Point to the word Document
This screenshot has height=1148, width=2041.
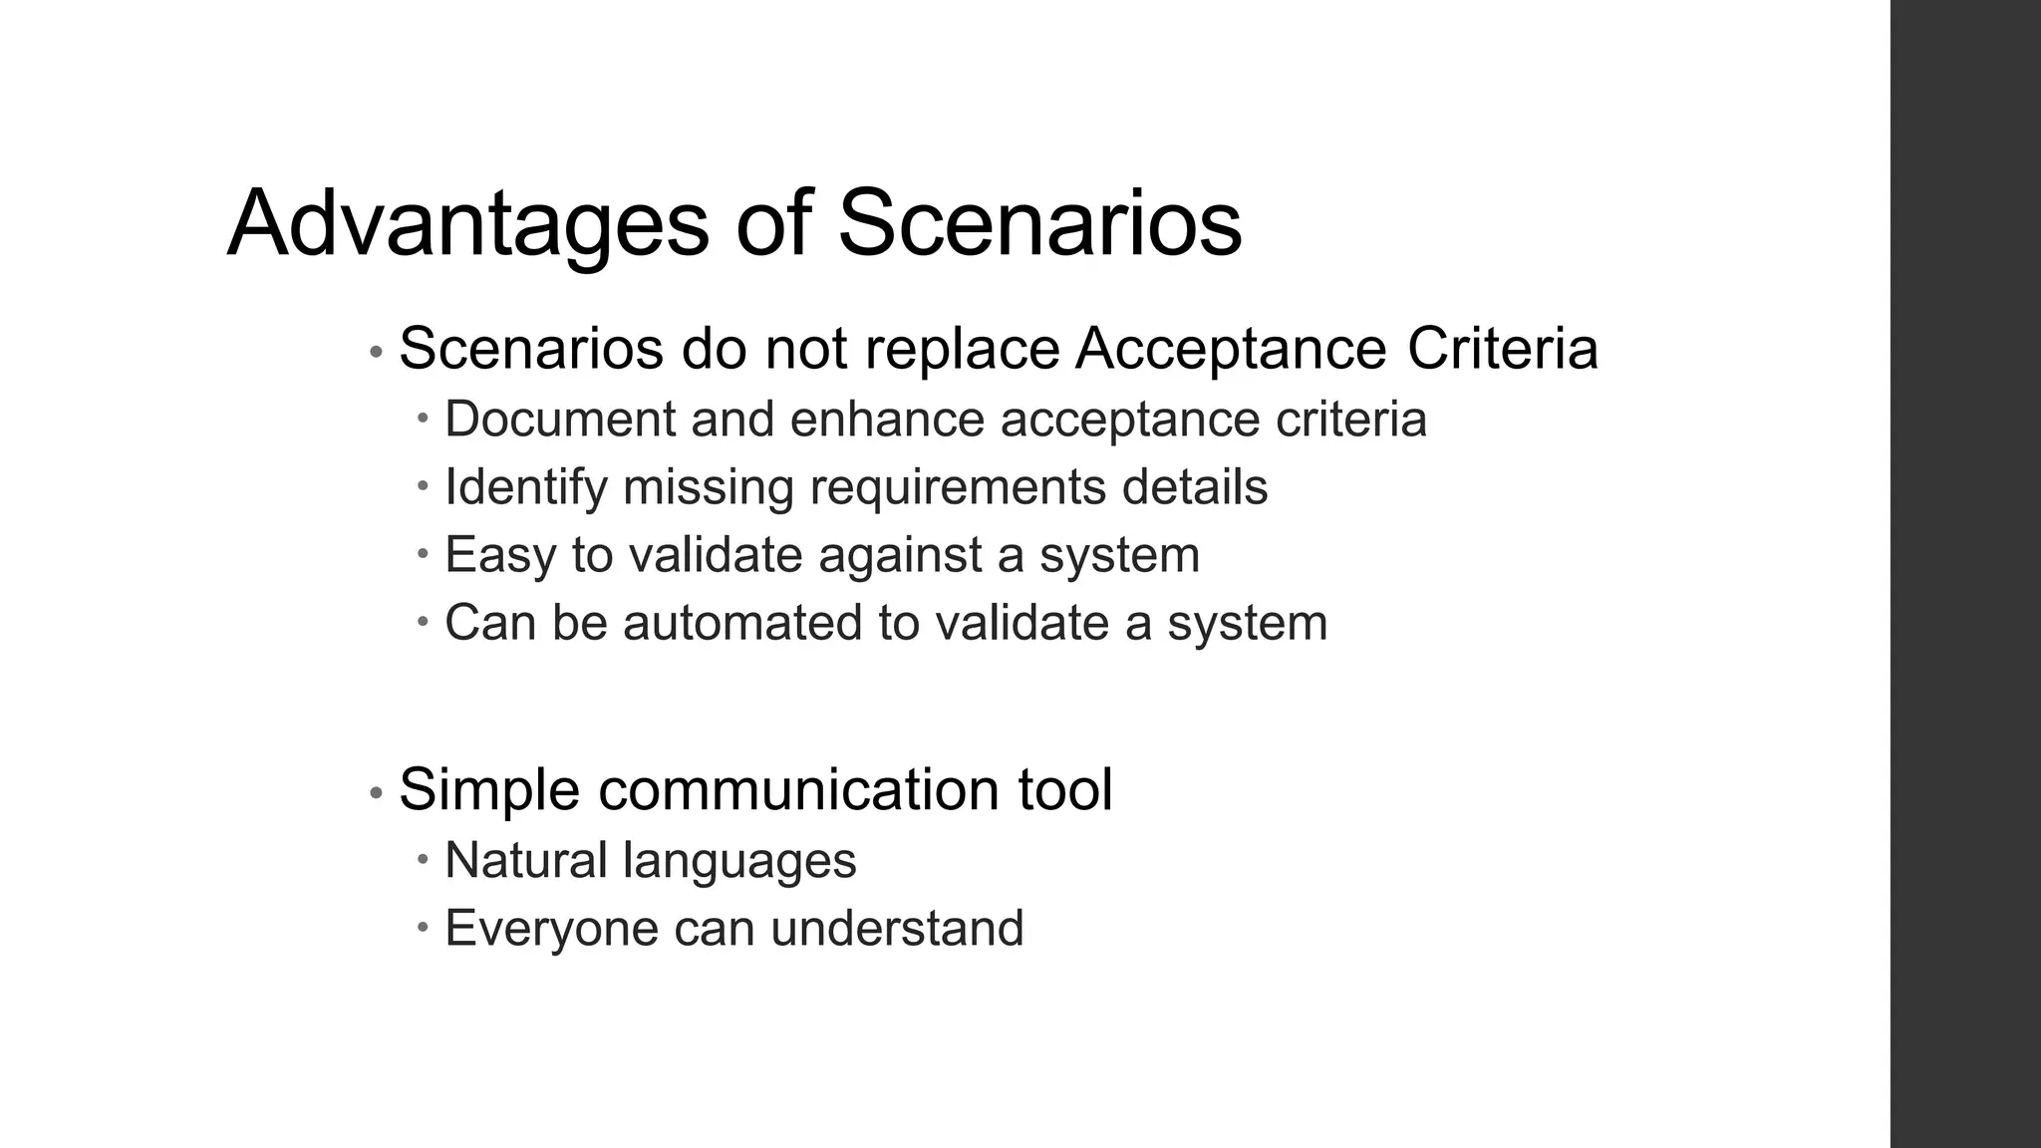coord(560,419)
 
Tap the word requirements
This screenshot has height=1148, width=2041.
coord(958,487)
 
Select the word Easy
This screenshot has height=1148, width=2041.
coord(500,555)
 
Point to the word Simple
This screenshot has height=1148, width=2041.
coord(489,790)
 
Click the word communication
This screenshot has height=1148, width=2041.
coord(797,790)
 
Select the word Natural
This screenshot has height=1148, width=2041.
coord(525,860)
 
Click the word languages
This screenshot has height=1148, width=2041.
coord(738,860)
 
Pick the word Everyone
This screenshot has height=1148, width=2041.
coord(551,929)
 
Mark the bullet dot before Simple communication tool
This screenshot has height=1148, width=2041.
coord(376,794)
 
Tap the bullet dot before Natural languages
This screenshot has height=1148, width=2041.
coord(423,858)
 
